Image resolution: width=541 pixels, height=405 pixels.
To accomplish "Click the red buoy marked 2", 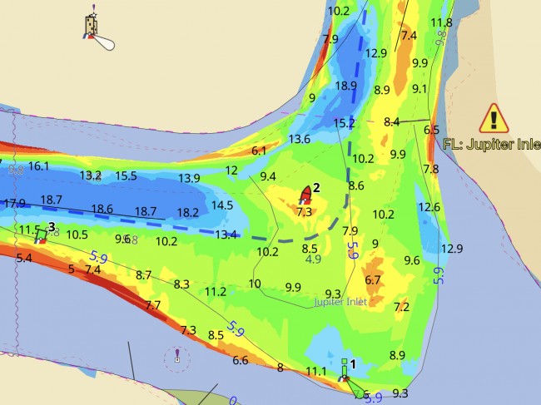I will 305,195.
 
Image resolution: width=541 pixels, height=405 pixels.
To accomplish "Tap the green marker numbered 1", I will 344,371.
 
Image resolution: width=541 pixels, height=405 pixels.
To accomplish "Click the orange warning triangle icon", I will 494,119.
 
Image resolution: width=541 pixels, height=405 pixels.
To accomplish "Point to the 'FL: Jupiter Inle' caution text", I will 491,143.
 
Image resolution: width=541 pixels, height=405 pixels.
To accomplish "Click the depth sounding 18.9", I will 345,86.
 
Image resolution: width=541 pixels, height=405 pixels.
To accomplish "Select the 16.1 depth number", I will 39,166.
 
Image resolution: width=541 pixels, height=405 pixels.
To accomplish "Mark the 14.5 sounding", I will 222,205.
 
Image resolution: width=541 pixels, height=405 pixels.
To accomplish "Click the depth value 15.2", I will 344,123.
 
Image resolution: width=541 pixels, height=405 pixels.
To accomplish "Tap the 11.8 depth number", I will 441,22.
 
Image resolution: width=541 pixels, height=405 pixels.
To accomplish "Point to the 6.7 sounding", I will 373,279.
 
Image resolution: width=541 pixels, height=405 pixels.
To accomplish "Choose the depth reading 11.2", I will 216,291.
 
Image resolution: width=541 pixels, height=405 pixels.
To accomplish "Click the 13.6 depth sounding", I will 299,139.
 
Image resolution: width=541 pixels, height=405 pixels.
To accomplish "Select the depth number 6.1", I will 259,151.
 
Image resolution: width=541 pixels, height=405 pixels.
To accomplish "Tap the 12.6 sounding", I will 429,207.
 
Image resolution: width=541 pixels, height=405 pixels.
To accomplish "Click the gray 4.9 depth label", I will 313,259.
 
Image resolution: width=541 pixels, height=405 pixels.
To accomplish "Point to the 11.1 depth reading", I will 316,371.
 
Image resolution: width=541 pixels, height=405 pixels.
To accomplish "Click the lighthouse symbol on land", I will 90,27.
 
